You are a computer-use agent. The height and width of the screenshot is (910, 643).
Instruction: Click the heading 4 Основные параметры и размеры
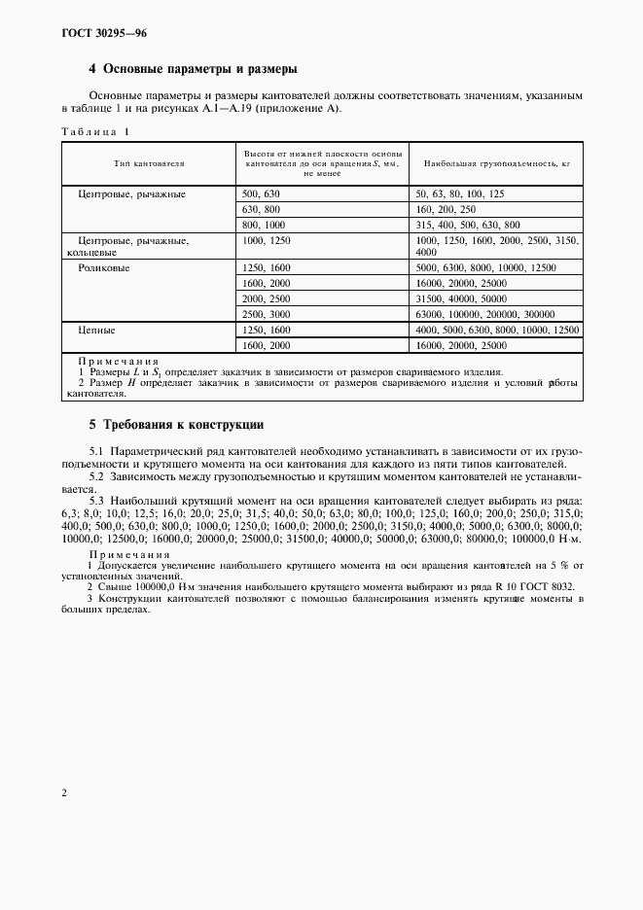click(x=193, y=70)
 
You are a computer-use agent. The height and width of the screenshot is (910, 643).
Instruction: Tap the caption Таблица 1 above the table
click(x=94, y=130)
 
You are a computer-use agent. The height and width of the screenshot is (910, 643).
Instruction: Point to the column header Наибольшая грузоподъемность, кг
click(x=492, y=164)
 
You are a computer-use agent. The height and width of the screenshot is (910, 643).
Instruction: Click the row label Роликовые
click(x=104, y=266)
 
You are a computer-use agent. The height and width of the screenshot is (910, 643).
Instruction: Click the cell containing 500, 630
click(x=261, y=194)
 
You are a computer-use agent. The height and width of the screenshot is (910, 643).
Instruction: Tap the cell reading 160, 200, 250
click(x=445, y=209)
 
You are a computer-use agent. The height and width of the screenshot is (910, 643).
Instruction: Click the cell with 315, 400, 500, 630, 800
click(x=467, y=224)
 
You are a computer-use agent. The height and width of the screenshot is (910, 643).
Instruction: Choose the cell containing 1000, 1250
click(x=267, y=239)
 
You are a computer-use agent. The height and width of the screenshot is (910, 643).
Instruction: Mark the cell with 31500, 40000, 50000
click(x=461, y=298)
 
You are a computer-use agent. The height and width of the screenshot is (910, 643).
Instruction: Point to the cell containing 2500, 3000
click(x=267, y=314)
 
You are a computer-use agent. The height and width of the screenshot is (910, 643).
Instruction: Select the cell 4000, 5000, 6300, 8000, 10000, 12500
click(x=496, y=331)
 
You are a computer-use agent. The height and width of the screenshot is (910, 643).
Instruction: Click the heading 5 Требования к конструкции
click(x=176, y=426)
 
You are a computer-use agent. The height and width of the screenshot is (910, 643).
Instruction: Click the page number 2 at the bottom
click(x=63, y=792)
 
